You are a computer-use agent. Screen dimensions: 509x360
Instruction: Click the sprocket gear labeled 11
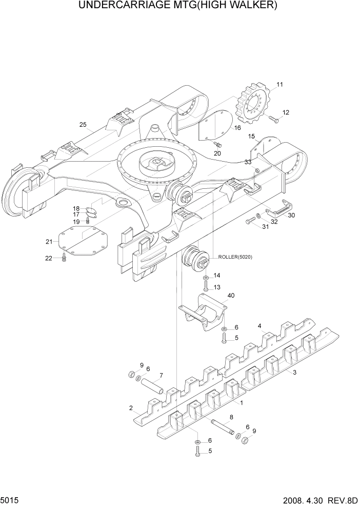(x=253, y=107)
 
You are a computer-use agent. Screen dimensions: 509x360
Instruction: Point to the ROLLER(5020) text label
(x=242, y=257)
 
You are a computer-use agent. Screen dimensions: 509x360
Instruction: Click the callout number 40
(x=231, y=295)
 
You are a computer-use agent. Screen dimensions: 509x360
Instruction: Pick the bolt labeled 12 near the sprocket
(x=273, y=120)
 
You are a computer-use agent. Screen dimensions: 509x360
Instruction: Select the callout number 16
(x=237, y=128)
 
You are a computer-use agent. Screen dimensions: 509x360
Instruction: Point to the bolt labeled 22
(x=64, y=258)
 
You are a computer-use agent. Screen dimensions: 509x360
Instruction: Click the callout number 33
(x=248, y=162)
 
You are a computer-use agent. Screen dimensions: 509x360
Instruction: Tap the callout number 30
(x=291, y=216)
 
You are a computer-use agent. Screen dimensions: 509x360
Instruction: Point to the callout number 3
(x=294, y=373)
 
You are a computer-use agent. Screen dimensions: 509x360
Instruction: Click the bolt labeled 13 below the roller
(x=206, y=286)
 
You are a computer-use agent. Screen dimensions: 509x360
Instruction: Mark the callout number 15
(x=251, y=136)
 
